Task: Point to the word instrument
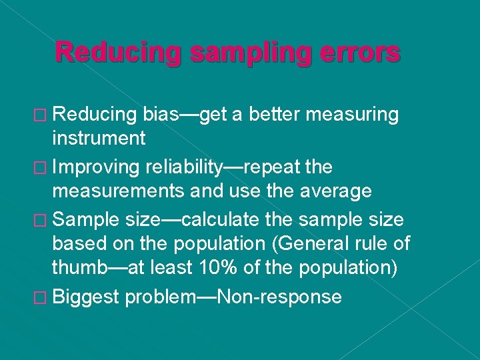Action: [99, 138]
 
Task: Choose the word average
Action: [333, 191]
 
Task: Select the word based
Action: [75, 244]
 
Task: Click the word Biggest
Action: [87, 297]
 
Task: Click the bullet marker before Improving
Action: [42, 167]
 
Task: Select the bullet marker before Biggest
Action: [42, 297]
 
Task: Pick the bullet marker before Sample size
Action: [42, 219]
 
